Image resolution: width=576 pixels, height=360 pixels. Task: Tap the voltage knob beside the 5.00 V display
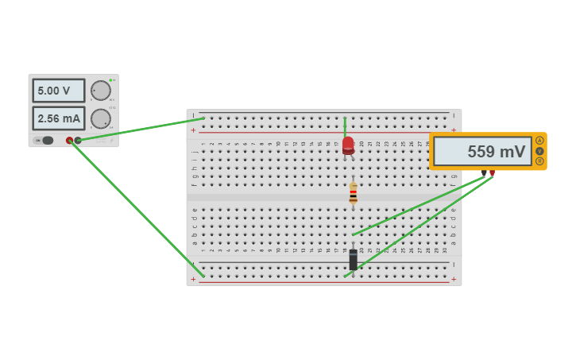click(x=100, y=91)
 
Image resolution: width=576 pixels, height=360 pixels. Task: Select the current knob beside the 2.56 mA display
click(x=100, y=119)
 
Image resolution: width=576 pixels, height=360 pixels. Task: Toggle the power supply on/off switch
click(x=46, y=141)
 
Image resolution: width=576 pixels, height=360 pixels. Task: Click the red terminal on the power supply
click(x=69, y=141)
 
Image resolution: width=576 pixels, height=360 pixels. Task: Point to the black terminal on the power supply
click(x=78, y=141)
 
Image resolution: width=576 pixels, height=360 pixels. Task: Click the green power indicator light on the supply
click(x=110, y=80)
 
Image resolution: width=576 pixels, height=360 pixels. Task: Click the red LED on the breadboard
click(x=348, y=145)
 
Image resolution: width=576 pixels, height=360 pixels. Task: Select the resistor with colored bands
click(x=353, y=194)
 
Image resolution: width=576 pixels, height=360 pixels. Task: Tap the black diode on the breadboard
click(x=353, y=259)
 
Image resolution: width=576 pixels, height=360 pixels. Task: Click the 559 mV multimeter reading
click(x=482, y=151)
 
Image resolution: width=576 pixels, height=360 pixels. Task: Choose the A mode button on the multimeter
click(x=539, y=141)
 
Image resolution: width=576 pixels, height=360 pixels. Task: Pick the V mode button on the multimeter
click(x=539, y=151)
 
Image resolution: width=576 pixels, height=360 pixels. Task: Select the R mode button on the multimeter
click(x=539, y=161)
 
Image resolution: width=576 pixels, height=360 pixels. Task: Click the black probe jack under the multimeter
click(x=484, y=172)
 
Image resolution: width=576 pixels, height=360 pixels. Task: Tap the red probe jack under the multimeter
click(x=492, y=172)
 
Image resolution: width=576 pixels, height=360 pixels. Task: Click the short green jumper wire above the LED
click(x=345, y=126)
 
